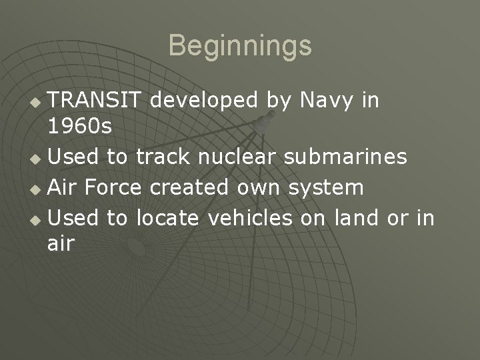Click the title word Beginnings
[x=240, y=46]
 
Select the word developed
[x=204, y=101]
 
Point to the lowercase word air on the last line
[x=61, y=245]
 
